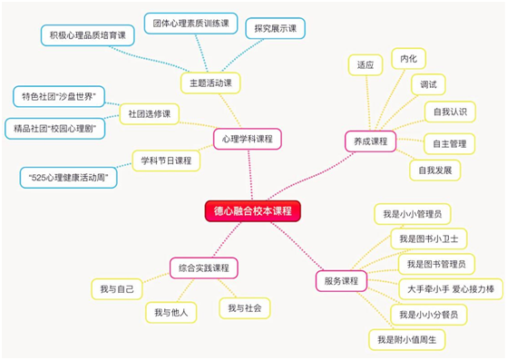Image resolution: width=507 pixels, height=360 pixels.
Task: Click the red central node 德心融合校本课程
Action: coord(253,211)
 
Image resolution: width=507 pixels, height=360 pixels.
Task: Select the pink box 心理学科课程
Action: coord(248,139)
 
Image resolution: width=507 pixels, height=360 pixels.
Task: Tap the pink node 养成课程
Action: coord(371,141)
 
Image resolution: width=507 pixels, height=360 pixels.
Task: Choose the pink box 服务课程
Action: coord(341,281)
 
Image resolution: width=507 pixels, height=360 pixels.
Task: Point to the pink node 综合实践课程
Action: coord(204,268)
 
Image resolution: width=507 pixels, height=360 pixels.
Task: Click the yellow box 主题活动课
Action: coord(210,83)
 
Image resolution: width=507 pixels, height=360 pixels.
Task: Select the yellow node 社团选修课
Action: coord(150,113)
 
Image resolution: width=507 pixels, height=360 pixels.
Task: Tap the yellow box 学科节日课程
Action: coord(166,161)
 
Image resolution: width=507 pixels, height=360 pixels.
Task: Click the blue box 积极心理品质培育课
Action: coord(88,35)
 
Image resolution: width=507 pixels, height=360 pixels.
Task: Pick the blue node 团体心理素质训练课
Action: coord(191,24)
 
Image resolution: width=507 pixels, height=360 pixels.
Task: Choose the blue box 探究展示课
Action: coord(276,28)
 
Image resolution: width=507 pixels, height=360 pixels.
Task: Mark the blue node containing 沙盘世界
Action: coord(59,96)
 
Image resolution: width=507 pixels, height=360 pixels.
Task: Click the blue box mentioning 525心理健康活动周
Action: coord(69,178)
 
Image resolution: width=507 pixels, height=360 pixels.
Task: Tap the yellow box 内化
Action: coord(409,59)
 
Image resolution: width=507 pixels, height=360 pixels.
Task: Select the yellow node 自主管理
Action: coord(450,143)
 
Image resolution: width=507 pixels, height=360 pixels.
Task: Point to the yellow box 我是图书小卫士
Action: coord(429,238)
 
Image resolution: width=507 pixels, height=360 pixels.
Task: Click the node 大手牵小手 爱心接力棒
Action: coord(451,289)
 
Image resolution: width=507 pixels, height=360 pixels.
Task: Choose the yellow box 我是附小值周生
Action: coord(407,340)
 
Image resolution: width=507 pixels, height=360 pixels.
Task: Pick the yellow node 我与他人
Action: coord(171,313)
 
